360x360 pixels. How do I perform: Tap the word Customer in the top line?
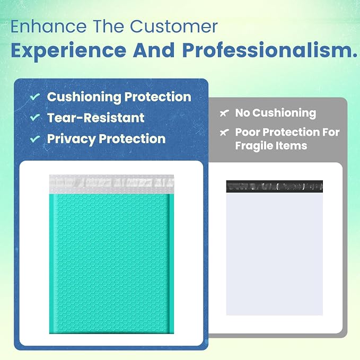tap(174, 27)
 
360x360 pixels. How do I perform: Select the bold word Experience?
tap(68, 51)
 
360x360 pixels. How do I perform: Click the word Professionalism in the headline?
tap(270, 50)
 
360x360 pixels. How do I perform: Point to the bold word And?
tap(154, 50)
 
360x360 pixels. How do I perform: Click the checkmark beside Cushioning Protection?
tap(35, 96)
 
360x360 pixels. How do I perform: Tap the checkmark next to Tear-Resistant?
tap(35, 117)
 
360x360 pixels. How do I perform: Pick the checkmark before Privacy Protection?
tap(35, 139)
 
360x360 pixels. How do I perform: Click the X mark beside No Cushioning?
tap(224, 113)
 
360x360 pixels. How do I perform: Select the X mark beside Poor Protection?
tap(224, 132)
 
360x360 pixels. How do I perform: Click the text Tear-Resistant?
tap(96, 118)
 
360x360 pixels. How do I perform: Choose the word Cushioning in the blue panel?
tap(84, 98)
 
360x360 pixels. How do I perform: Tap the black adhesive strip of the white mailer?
tap(275, 187)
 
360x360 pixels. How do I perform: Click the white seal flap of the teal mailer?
tap(111, 184)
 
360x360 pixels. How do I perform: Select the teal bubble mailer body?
tap(111, 264)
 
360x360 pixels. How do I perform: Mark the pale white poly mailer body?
tap(275, 254)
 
